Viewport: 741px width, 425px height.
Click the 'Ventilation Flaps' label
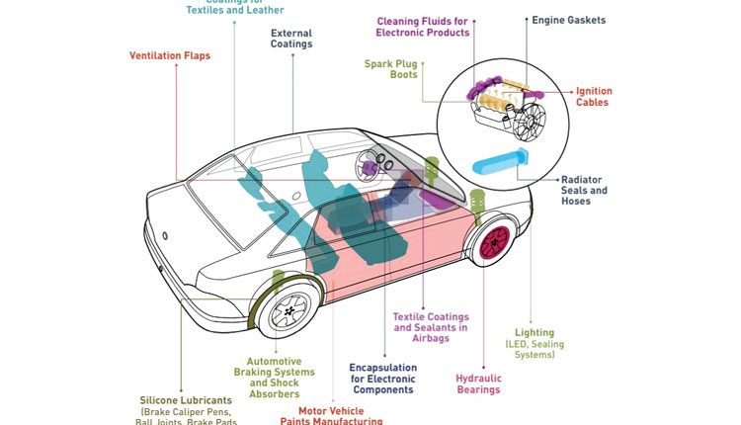coord(169,55)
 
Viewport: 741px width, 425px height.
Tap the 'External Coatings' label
coord(291,38)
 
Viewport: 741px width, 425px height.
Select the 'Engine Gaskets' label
coord(568,20)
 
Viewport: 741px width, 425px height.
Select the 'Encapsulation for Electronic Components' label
coord(382,379)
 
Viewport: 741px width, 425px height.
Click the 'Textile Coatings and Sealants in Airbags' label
coord(431,327)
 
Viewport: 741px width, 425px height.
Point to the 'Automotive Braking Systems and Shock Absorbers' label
coord(274,378)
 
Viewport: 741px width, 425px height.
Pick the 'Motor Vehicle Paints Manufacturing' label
coord(340,415)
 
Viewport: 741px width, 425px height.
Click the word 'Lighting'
coord(535,333)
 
